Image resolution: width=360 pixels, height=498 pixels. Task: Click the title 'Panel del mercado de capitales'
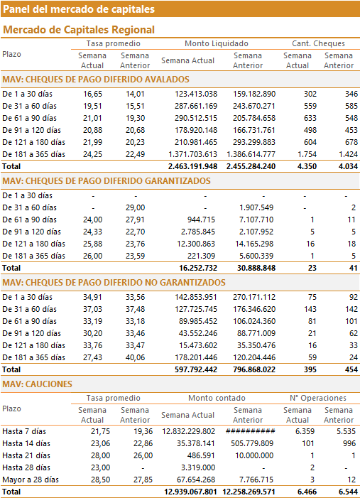[x=79, y=9]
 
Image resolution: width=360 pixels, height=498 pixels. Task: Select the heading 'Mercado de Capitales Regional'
[x=79, y=30]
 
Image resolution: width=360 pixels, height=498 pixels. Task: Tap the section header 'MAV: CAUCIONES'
[x=37, y=384]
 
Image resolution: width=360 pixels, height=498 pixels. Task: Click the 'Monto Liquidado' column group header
[x=217, y=43]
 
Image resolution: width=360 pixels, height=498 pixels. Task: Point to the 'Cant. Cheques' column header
[x=318, y=43]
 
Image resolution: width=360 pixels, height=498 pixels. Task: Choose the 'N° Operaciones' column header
[x=318, y=398]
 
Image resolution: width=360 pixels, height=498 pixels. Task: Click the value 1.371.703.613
[x=192, y=154]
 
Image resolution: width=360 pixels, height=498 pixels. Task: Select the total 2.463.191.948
[x=192, y=166]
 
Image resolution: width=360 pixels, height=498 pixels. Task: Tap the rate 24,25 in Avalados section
[x=92, y=154]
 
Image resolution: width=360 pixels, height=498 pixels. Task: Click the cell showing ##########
[x=251, y=431]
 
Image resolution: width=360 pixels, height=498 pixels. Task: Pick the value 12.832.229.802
[x=189, y=431]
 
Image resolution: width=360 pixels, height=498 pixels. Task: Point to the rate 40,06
[x=135, y=357]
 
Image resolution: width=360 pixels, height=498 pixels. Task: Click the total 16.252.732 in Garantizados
[x=198, y=268]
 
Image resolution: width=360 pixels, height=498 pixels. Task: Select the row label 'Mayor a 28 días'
[x=31, y=480]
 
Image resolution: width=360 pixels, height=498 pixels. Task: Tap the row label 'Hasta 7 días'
[x=24, y=431]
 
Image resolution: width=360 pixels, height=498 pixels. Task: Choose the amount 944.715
[x=200, y=220]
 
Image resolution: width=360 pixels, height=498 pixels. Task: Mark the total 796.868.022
[x=251, y=369]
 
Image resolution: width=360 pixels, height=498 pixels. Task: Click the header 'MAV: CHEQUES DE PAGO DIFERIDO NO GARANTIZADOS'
[x=114, y=282]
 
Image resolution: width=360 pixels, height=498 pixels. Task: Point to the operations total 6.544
[x=348, y=492]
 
